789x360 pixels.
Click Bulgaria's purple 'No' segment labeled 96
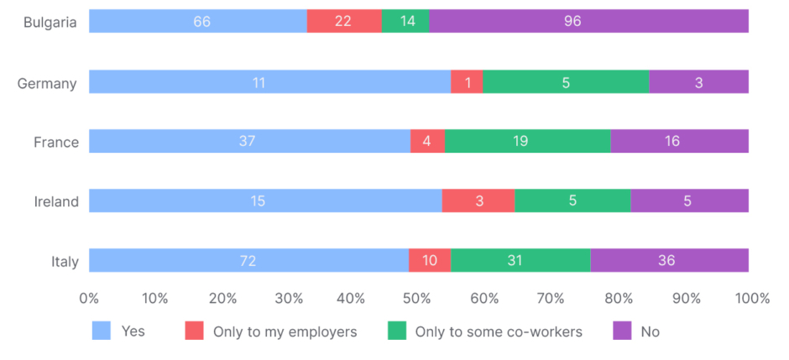tap(588, 21)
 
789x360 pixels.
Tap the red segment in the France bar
tap(427, 141)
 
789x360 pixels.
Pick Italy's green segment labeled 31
tap(520, 260)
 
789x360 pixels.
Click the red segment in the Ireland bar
tap(478, 201)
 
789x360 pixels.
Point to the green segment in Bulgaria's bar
tap(405, 21)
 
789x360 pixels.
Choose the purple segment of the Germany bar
tap(698, 81)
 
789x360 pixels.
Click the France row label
tap(56, 142)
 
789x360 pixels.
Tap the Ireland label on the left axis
tap(56, 201)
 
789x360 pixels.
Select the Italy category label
tap(64, 261)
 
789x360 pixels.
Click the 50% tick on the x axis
tap(418, 298)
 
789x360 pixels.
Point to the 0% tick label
tap(89, 298)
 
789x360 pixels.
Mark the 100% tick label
tap(752, 298)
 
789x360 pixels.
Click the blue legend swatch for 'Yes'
tap(101, 331)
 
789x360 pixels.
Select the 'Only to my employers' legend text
tap(285, 331)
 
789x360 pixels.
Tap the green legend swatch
tap(397, 331)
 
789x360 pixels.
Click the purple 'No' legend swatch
tap(622, 331)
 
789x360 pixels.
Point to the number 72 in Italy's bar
tap(248, 260)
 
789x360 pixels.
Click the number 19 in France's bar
tap(520, 141)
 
